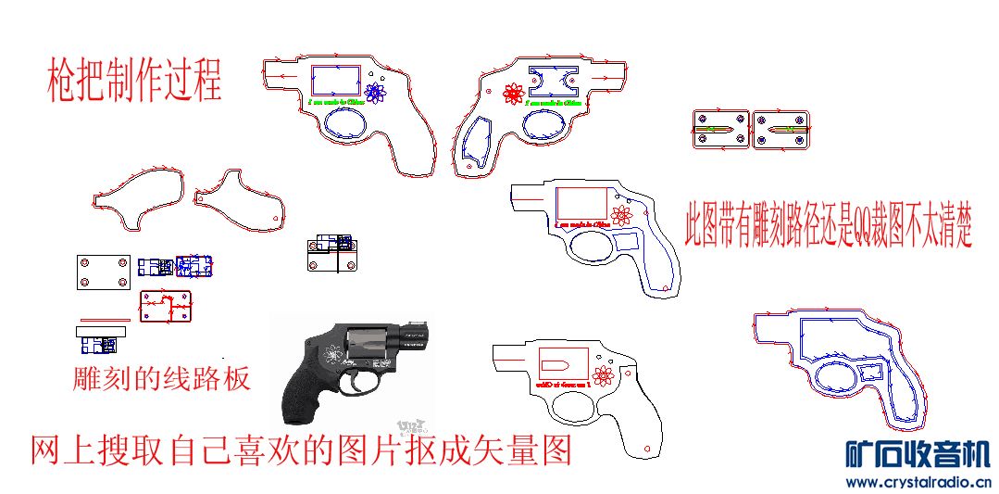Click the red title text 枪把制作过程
(134, 81)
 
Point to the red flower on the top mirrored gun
(513, 93)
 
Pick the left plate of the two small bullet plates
(720, 131)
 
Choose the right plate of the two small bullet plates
(782, 131)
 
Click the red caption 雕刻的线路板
(161, 379)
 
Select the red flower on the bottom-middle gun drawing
(604, 375)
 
